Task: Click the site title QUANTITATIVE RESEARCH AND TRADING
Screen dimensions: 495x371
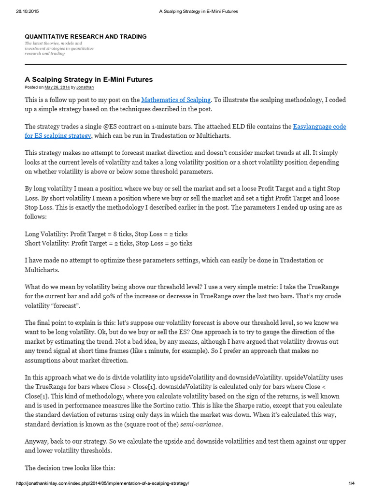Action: pos(86,37)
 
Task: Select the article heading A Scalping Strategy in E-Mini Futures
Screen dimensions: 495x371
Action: pos(89,79)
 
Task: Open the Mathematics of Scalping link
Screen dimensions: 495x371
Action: pos(176,100)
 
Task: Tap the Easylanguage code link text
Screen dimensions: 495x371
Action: pos(319,127)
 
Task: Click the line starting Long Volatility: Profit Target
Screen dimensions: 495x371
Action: pos(106,234)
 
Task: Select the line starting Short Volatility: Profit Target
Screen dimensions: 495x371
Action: pos(109,243)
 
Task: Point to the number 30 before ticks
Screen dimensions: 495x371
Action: pos(173,243)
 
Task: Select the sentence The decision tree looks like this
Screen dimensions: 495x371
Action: pos(70,468)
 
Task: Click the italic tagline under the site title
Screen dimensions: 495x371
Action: pos(59,48)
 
